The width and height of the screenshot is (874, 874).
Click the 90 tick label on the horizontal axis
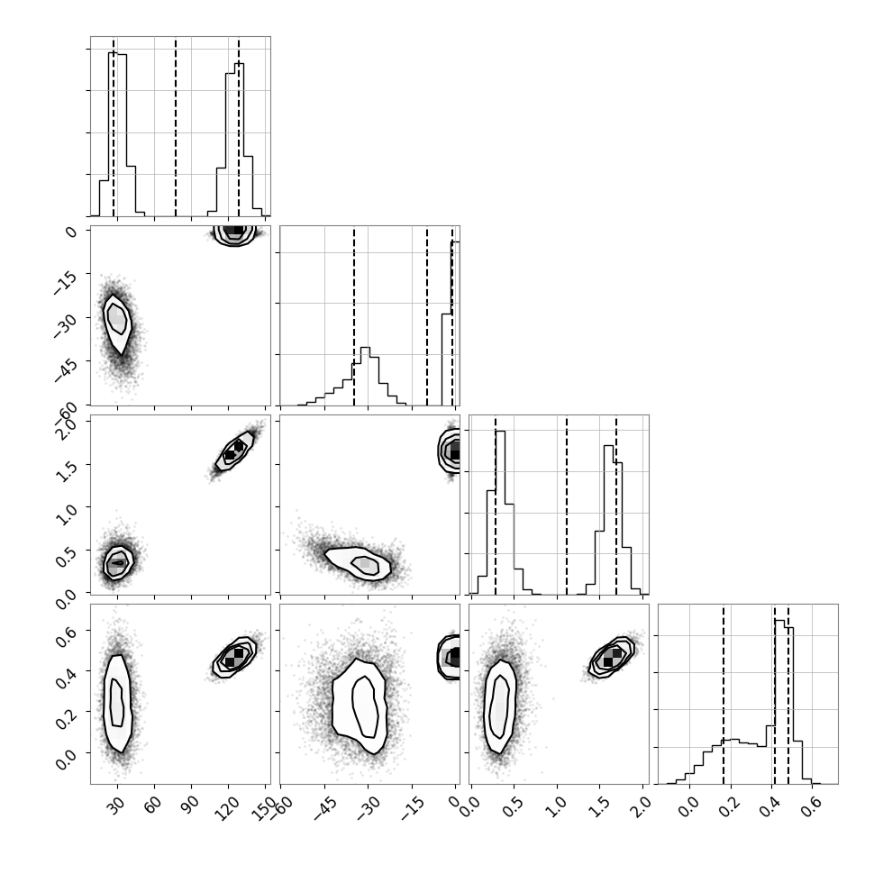(x=189, y=805)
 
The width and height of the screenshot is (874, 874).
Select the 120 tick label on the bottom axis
(x=227, y=808)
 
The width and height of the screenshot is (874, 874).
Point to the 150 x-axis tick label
(x=263, y=808)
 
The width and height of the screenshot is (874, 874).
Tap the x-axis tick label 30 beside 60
(x=116, y=805)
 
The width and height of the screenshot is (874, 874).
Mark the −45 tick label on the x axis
(x=323, y=809)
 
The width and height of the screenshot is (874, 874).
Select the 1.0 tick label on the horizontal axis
(x=557, y=806)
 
